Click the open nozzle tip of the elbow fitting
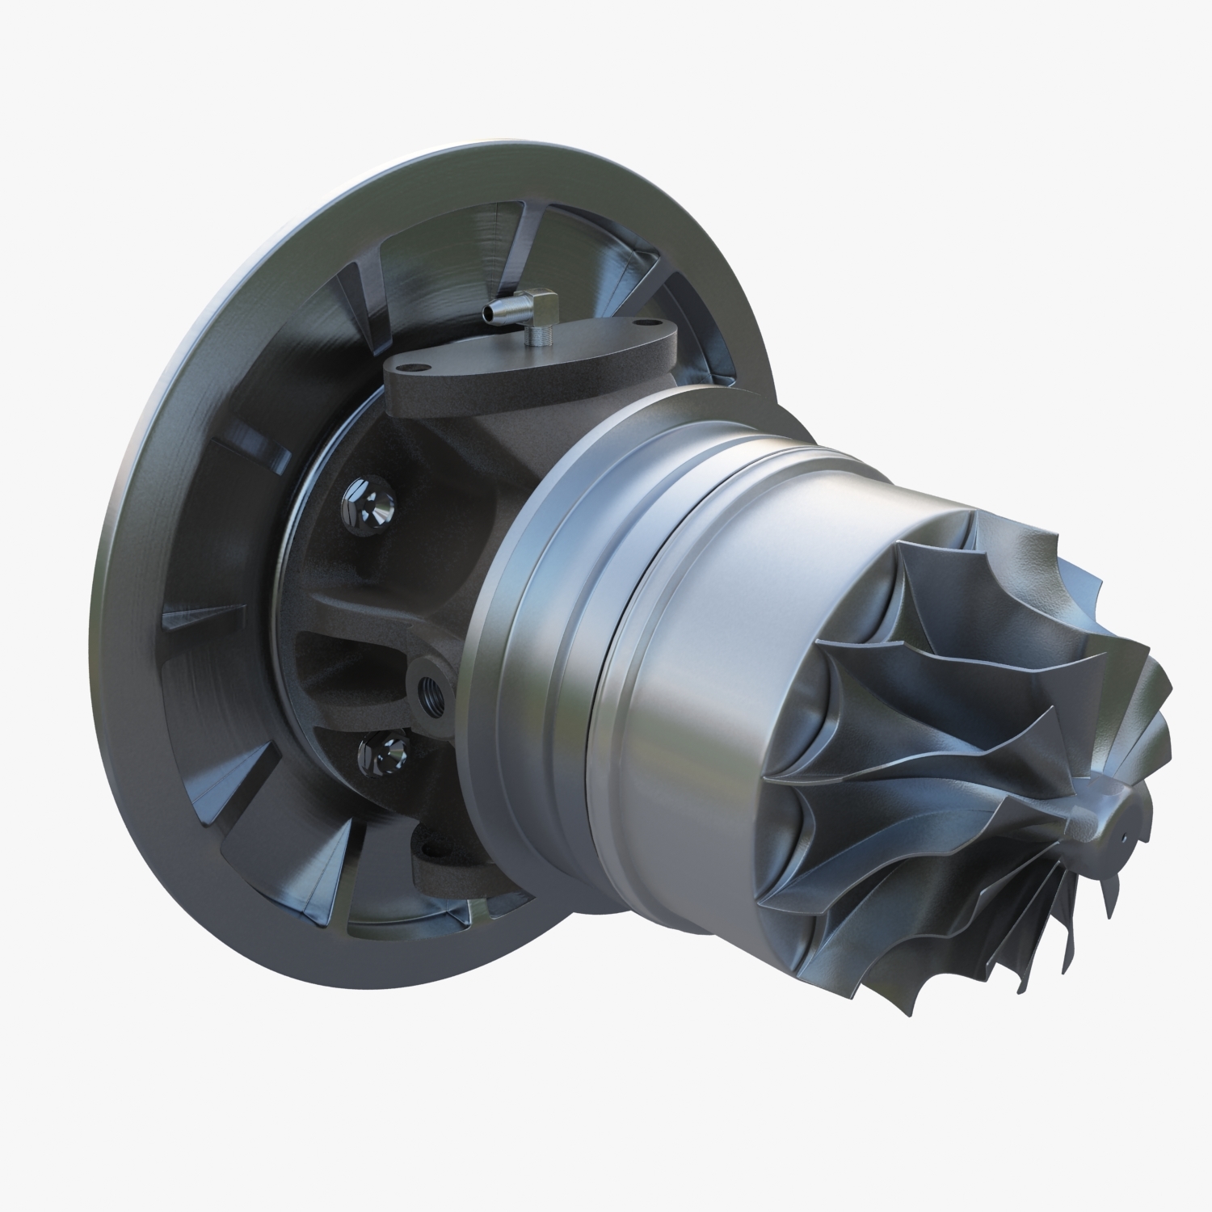pyautogui.click(x=486, y=312)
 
